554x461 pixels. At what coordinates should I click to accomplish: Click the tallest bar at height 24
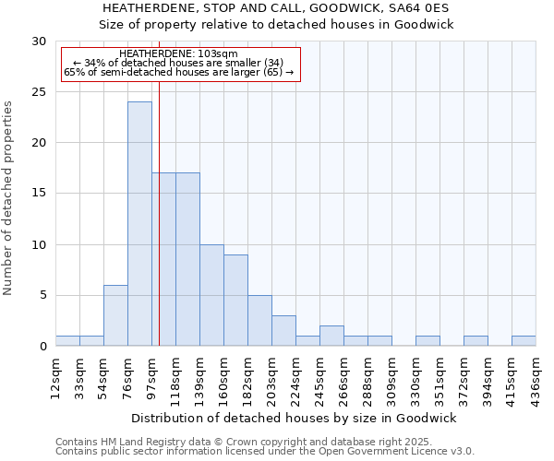139,224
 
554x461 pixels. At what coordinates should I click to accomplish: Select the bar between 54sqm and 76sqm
115,315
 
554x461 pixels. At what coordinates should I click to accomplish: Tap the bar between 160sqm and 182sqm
235,301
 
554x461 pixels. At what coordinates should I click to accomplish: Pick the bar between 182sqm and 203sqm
259,321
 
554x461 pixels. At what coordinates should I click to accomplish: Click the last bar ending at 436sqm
524,341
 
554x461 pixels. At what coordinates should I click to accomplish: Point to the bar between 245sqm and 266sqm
331,337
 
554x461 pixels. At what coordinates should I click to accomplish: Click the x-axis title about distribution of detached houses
294,419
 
